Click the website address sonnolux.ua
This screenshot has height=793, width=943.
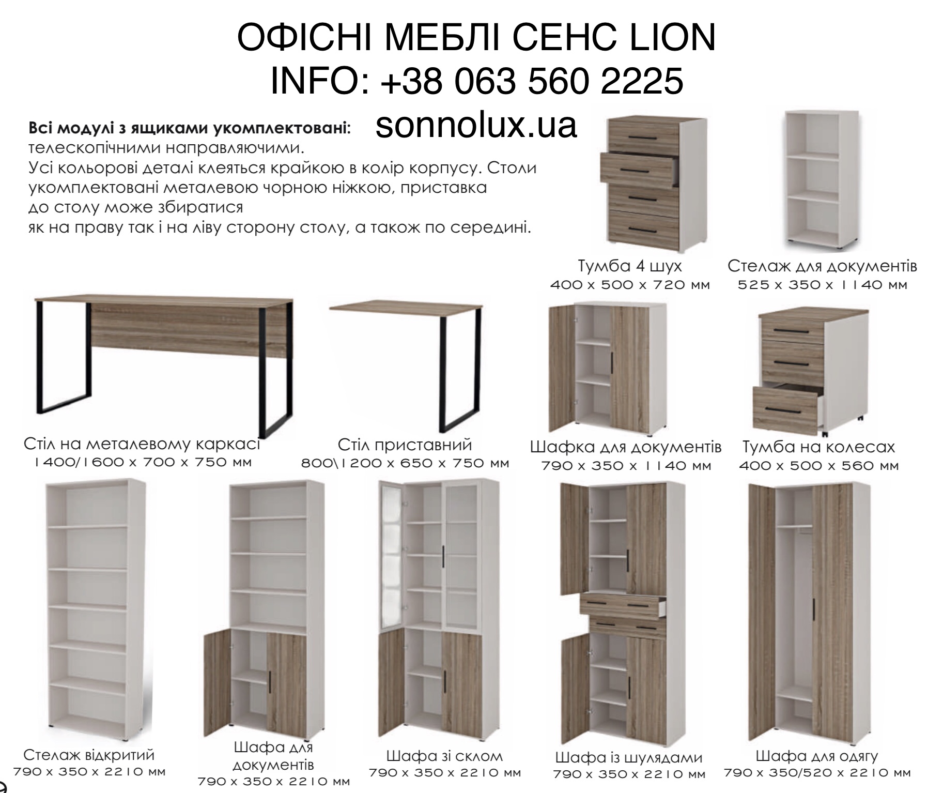[x=476, y=125]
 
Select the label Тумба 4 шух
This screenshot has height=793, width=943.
[x=629, y=266]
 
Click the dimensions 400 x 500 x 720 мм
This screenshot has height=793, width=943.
[x=629, y=285]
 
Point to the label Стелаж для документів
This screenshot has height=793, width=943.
[x=822, y=266]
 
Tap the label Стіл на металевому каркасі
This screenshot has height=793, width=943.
[x=142, y=444]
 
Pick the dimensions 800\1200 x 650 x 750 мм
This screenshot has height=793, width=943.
[x=405, y=463]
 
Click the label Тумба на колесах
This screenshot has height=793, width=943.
[x=818, y=447]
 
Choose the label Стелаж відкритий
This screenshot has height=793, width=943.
[x=89, y=754]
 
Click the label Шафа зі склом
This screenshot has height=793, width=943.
[x=444, y=756]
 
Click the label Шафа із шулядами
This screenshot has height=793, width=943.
[x=629, y=757]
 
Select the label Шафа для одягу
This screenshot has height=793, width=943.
[x=817, y=756]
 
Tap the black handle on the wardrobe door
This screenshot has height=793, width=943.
[x=814, y=615]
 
